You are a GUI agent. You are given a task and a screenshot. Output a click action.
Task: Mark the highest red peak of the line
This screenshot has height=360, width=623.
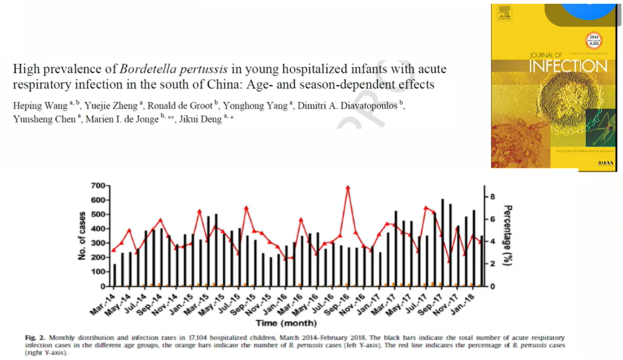pyautogui.click(x=347, y=187)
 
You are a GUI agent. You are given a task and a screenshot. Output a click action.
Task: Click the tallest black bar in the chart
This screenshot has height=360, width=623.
pyautogui.click(x=442, y=242)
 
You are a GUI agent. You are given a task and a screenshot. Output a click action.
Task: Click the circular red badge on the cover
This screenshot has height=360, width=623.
pyautogui.click(x=593, y=40)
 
